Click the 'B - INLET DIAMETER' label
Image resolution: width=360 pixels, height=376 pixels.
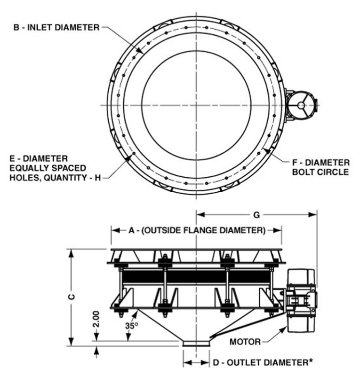[57, 27]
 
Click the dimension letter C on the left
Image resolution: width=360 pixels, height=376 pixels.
[71, 298]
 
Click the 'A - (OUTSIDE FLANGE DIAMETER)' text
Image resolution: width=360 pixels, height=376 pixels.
[197, 230]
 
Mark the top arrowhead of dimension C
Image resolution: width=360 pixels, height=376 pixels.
[71, 252]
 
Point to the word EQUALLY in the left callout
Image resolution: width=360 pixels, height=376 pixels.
[35, 167]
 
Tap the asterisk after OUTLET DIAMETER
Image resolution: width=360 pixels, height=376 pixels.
[311, 361]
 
